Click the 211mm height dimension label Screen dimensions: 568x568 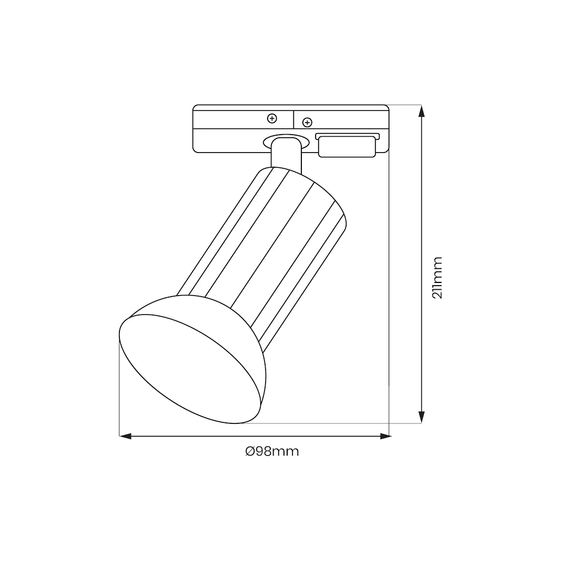click(x=438, y=278)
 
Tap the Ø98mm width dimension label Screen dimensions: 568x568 click(x=272, y=451)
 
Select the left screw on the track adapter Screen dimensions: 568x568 click(x=272, y=118)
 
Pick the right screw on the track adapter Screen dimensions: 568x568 click(x=307, y=123)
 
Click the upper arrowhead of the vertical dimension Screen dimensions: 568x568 click(x=421, y=111)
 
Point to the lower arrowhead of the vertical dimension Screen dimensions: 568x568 click(x=421, y=417)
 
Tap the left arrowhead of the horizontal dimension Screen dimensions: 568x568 click(x=125, y=437)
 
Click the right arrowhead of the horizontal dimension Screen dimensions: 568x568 click(x=386, y=437)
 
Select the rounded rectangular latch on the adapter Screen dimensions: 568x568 click(x=347, y=147)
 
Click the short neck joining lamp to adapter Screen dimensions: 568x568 click(x=286, y=154)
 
